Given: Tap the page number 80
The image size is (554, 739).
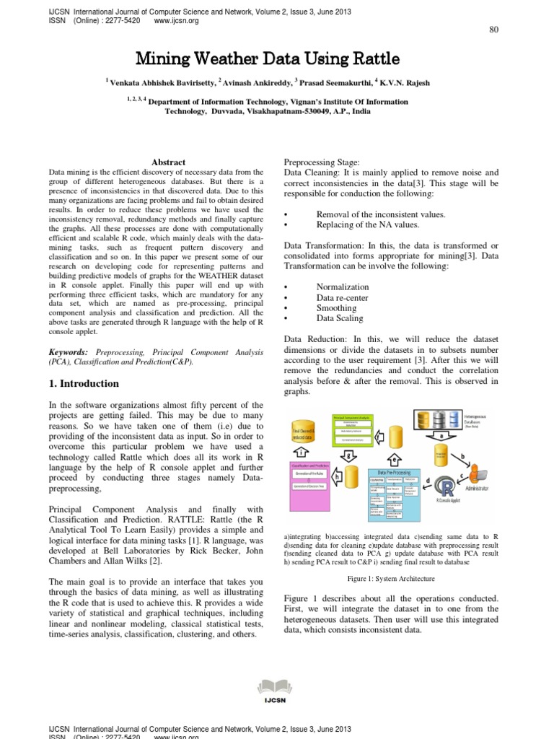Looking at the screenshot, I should point(494,29).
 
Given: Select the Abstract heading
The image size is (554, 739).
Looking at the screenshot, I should point(169,162).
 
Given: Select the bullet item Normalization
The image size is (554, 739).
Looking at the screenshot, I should point(343,287).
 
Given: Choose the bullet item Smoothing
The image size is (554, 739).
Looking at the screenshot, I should point(336,308).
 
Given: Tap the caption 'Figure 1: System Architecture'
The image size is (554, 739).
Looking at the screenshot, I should point(391,579).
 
